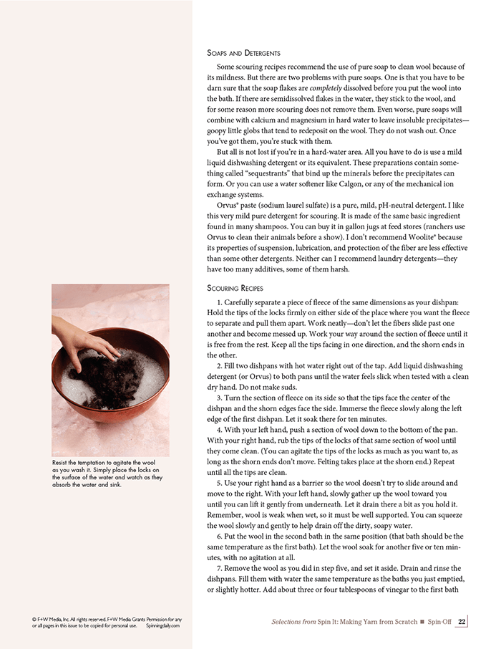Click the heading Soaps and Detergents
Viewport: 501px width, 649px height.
click(243, 53)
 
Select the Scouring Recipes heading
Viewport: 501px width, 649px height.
click(235, 288)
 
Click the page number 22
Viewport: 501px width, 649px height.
click(462, 622)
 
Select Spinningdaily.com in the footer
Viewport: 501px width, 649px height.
click(162, 625)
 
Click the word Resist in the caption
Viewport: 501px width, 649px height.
click(62, 463)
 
